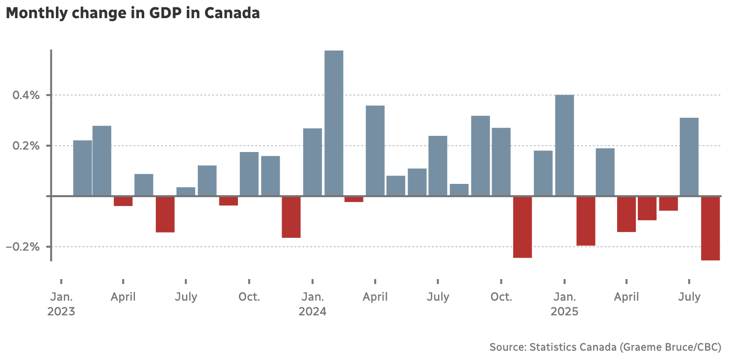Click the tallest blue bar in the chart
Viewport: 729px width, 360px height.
(x=334, y=123)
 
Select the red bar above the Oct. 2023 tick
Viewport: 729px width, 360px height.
(x=228, y=201)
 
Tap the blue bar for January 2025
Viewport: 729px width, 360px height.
(x=564, y=145)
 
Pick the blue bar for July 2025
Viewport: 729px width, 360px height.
(x=689, y=156)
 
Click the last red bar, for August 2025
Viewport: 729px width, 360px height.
(x=710, y=228)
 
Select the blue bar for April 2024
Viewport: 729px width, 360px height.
(x=375, y=151)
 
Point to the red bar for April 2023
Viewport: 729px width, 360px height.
(x=123, y=201)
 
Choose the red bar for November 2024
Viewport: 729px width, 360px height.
(x=522, y=227)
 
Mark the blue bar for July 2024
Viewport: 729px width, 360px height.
(x=438, y=165)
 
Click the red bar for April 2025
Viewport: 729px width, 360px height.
(x=626, y=214)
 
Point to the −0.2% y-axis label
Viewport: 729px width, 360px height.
(x=23, y=247)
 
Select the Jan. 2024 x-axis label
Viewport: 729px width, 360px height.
(x=312, y=304)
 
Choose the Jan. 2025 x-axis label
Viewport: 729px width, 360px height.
(x=564, y=304)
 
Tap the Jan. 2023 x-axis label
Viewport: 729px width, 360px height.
(x=61, y=304)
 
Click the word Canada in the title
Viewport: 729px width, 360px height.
(x=232, y=13)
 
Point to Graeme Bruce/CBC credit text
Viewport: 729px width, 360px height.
(x=670, y=347)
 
